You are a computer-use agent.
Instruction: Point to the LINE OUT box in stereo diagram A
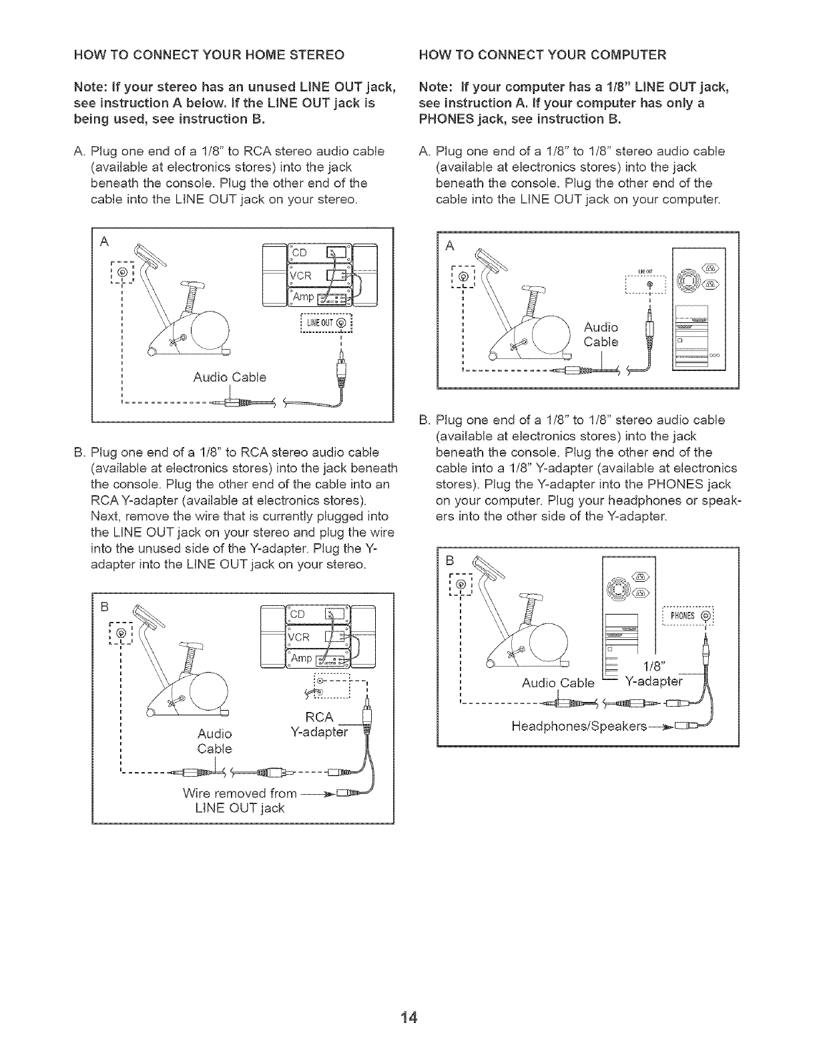(322, 324)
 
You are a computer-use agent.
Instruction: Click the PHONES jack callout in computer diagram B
(688, 615)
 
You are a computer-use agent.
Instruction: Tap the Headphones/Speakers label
(579, 725)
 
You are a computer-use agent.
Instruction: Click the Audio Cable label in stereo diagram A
(230, 378)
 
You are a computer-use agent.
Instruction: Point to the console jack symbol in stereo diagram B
(121, 633)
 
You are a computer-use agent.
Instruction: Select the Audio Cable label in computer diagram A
(601, 334)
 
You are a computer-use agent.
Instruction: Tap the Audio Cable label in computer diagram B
(557, 683)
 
